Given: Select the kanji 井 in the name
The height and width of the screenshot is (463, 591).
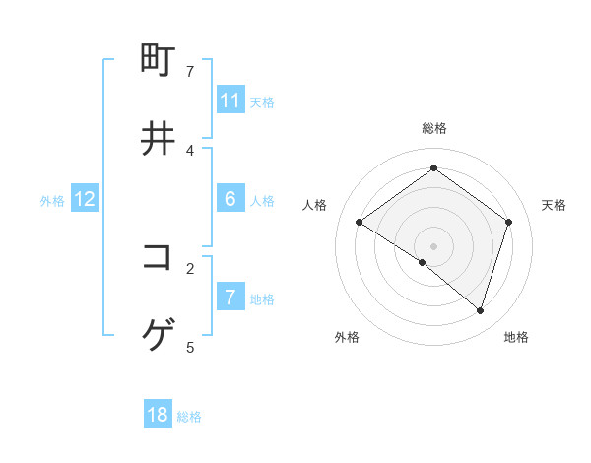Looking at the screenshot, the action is tap(159, 139).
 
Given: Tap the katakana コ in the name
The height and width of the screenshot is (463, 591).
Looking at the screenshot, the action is tap(159, 256).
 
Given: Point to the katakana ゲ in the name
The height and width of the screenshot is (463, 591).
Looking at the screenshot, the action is tap(159, 336).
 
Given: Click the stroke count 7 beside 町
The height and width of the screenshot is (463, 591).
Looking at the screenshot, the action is tap(190, 71).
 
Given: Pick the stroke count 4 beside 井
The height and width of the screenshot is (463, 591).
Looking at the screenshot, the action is tap(190, 150).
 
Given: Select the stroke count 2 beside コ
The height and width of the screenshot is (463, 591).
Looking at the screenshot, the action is tap(190, 267).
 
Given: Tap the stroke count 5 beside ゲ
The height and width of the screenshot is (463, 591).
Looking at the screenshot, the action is tap(190, 347).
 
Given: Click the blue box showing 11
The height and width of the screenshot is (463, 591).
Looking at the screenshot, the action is tap(230, 100).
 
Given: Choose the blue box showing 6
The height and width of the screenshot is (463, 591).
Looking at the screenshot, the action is tap(230, 199).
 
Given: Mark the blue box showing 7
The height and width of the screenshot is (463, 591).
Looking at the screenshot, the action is tap(230, 298).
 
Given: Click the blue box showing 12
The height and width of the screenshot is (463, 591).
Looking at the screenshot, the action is tap(85, 199).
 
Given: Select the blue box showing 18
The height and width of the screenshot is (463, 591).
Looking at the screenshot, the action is tap(158, 415).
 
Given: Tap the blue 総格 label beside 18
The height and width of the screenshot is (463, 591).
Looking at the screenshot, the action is tap(189, 417).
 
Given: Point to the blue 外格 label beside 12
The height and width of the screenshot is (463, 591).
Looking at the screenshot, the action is tap(52, 201).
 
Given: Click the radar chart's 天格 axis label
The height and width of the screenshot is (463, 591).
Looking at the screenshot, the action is tap(554, 205).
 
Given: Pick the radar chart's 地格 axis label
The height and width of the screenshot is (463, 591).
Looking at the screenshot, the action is tap(516, 337).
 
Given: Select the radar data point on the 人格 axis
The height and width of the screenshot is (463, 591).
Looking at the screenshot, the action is tap(359, 222).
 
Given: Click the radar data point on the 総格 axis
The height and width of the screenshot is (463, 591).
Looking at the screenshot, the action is tap(433, 168).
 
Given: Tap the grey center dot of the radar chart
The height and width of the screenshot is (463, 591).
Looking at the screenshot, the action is tap(433, 245).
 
